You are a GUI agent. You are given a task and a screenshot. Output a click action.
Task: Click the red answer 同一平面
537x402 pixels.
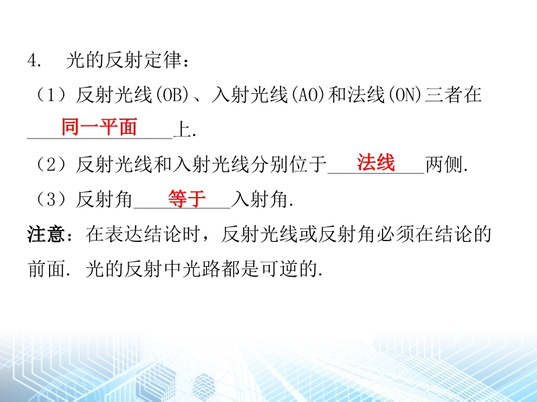(x=99, y=127)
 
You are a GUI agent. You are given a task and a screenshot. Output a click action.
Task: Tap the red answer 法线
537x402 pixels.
(x=376, y=162)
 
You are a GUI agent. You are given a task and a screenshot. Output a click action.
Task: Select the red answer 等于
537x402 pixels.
(x=187, y=198)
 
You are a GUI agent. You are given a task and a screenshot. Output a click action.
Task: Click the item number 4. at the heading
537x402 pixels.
(x=34, y=60)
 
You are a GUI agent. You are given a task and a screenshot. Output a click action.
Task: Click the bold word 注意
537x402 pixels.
(x=46, y=234)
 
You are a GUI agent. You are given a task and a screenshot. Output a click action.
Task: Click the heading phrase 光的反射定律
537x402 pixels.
(x=124, y=60)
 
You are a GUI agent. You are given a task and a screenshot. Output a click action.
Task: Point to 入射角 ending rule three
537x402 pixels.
(x=259, y=199)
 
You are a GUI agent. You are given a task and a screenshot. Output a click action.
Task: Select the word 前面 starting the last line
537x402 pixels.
(x=46, y=269)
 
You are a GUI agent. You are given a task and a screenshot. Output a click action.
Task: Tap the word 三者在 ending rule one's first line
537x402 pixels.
(x=453, y=95)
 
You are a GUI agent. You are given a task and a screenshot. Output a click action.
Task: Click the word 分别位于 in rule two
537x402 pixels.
(x=289, y=164)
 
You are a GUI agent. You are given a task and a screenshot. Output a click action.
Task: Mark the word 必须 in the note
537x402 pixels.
(x=395, y=234)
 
